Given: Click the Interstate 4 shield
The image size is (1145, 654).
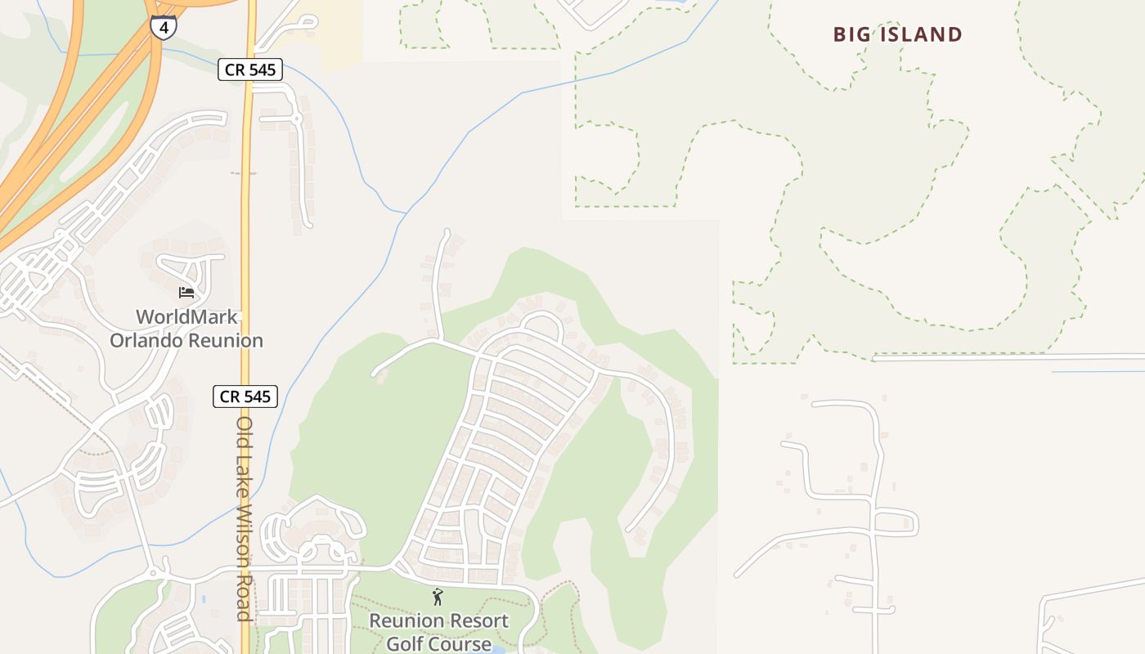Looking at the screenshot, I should [163, 27].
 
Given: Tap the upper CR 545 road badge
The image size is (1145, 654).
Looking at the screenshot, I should [250, 70].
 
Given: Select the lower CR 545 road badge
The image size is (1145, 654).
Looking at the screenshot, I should [246, 397].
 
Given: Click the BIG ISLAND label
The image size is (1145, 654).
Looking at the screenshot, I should [897, 34].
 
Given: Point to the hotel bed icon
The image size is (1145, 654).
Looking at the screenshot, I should [186, 292].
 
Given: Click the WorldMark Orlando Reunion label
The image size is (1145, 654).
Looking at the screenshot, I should [186, 329].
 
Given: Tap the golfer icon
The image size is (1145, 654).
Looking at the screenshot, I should [438, 597].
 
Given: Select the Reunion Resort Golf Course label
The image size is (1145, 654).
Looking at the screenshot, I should [438, 632].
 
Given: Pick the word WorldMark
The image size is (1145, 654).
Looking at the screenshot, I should [186, 317].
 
